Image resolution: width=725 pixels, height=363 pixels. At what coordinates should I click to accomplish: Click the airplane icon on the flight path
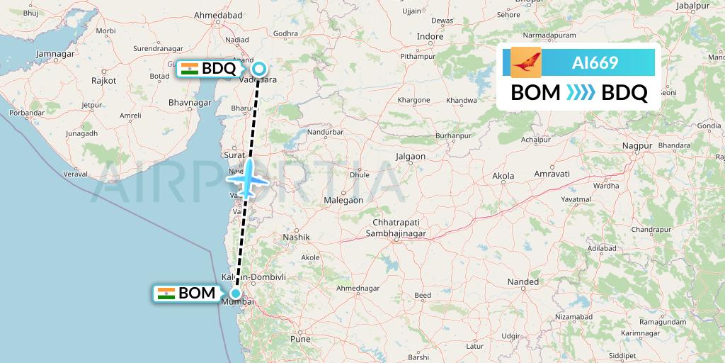click(x=247, y=179)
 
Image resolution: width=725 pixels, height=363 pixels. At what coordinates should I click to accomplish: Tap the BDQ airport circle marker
click(x=260, y=69)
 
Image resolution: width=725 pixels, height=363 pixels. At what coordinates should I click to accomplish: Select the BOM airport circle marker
click(x=235, y=293)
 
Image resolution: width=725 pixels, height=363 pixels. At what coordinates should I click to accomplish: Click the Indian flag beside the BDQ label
click(x=189, y=69)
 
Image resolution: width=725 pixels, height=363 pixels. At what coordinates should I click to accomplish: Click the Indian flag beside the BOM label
click(x=166, y=294)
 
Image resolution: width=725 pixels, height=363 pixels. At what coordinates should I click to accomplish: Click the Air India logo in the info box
click(x=526, y=62)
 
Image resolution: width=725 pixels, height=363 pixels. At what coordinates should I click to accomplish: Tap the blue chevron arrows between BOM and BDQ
click(x=581, y=93)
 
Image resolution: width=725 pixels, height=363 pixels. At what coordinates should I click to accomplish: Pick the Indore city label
click(x=430, y=36)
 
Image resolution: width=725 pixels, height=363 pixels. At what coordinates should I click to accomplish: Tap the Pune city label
click(x=300, y=339)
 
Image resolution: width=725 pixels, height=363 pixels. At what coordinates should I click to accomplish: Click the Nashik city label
click(x=297, y=237)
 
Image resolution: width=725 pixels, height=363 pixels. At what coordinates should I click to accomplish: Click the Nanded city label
click(x=523, y=282)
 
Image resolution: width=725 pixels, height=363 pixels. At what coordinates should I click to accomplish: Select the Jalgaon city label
click(x=411, y=156)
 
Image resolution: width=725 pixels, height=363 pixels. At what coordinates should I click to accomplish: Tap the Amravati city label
click(x=552, y=174)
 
